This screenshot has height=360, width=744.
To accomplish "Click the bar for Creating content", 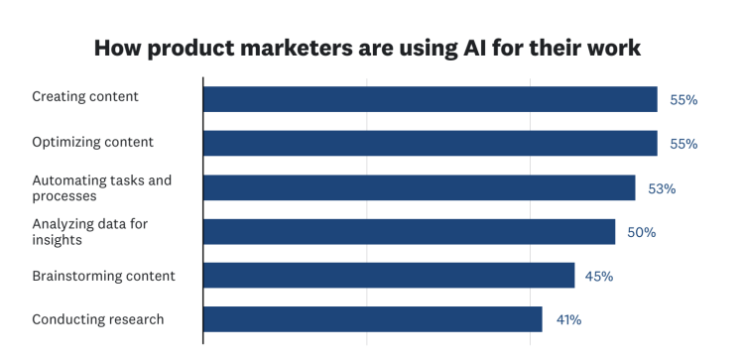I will pos(430,99).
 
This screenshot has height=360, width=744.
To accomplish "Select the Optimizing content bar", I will pos(430,143).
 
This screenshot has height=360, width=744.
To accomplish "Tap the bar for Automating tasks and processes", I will pos(419,187).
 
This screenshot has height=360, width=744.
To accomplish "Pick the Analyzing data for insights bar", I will pos(409,231).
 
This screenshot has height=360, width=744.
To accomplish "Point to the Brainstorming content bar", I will pos(389,276).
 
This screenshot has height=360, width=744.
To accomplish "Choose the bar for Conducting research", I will pos(372,319).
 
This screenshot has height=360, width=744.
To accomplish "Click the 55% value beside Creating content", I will pos(683,100).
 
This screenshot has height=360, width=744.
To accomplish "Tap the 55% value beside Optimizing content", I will pos(683,144).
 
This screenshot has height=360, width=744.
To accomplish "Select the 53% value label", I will pos(662,188).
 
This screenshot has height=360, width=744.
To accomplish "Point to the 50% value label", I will pos(642,232).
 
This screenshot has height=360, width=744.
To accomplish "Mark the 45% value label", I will pos(599,277).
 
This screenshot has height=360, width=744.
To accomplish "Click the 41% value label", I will pos(567,320).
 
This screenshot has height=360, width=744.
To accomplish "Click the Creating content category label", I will pos(85,97).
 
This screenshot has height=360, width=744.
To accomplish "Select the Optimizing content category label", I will pos(92,142).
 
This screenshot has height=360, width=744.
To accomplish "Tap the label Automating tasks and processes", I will pos(101,187).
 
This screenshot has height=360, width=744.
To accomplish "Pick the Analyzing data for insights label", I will pos(89,231).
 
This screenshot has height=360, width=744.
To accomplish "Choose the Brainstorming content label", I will pos(103,276).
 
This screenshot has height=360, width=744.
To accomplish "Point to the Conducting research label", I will pos(97,319).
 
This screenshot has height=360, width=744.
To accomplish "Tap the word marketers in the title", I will pos(267,48).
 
